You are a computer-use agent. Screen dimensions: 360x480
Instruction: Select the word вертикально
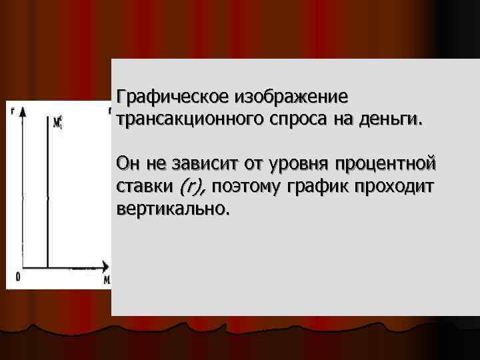coord(172,209)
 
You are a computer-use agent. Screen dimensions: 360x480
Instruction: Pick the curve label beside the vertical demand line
coord(59,122)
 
